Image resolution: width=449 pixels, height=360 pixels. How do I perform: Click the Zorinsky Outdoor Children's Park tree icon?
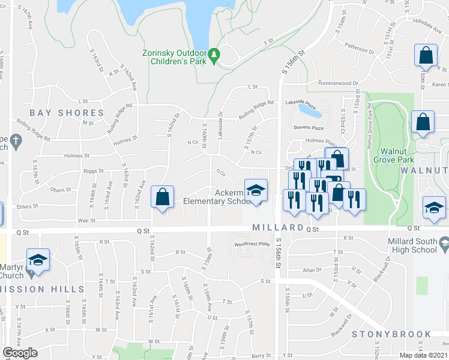[x=214, y=56]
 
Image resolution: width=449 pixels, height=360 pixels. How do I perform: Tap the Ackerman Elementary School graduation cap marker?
[x=256, y=190]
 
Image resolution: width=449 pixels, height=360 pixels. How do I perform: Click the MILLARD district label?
[x=278, y=228]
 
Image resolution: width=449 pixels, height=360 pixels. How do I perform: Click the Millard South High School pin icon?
[x=444, y=244]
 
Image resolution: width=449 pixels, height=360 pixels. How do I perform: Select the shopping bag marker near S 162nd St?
[x=162, y=197]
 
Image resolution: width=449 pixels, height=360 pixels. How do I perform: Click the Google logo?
[x=20, y=353]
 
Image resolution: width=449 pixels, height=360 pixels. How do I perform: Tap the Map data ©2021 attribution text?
[x=424, y=355]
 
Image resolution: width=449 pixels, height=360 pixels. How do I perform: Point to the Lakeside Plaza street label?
[x=300, y=102]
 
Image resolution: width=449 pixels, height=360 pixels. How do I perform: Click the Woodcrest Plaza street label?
[x=251, y=244]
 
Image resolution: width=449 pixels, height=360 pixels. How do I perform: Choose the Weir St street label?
[x=87, y=221]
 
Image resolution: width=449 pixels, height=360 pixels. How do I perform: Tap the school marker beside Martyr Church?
[x=38, y=260]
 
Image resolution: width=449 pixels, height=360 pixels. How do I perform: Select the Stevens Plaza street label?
[x=308, y=128]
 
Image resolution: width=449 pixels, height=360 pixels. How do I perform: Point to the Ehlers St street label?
[x=28, y=205]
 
